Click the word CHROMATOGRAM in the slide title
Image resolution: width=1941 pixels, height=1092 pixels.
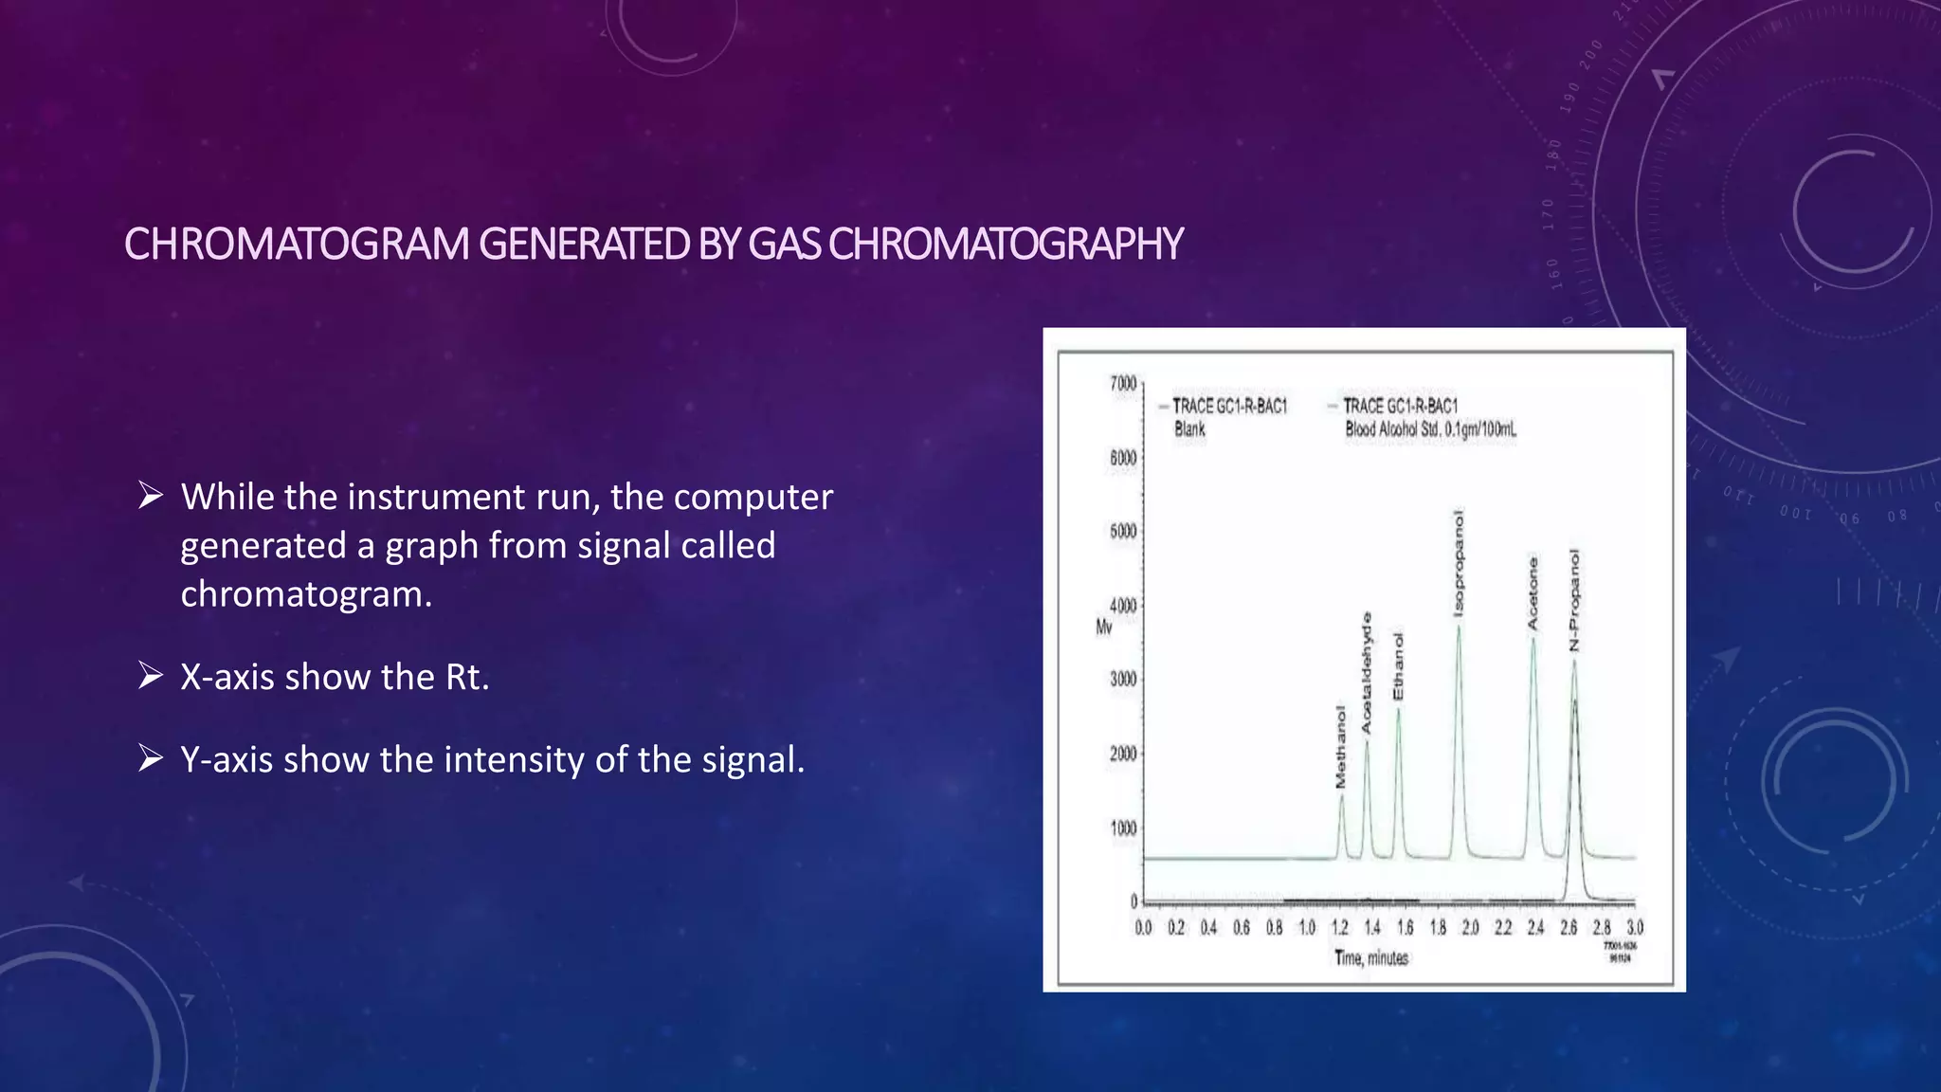click(x=297, y=245)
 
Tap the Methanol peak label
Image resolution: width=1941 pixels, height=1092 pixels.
click(x=1340, y=747)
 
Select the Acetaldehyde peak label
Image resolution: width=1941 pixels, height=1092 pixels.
click(x=1366, y=672)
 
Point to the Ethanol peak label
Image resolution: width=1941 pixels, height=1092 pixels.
click(x=1398, y=666)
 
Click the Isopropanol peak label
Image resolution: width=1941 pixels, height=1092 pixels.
click(x=1459, y=563)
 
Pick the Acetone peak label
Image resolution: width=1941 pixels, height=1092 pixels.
click(x=1533, y=593)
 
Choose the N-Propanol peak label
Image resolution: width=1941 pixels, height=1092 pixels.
click(x=1574, y=600)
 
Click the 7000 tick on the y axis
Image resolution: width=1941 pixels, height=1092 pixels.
click(x=1123, y=384)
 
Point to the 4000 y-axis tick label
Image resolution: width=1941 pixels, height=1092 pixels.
click(x=1123, y=606)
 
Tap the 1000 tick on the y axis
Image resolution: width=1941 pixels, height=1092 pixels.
click(x=1123, y=828)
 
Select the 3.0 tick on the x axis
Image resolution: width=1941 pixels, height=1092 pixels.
click(x=1635, y=927)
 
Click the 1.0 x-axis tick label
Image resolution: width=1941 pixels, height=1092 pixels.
click(x=1307, y=927)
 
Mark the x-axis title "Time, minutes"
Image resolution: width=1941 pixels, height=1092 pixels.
click(x=1371, y=958)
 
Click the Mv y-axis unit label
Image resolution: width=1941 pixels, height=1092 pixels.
click(x=1104, y=628)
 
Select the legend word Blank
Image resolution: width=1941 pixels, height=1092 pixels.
click(x=1189, y=429)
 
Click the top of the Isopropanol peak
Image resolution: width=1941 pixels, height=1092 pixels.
click(x=1459, y=628)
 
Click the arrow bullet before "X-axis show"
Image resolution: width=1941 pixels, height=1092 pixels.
click(x=150, y=676)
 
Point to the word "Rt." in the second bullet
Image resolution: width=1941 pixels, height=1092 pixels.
click(x=467, y=677)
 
